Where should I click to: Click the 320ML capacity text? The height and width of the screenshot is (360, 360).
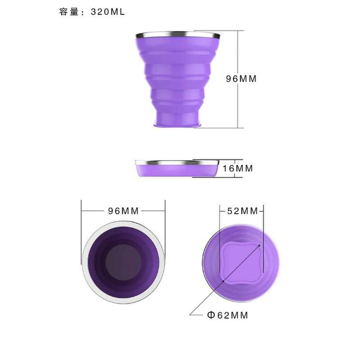click(x=107, y=12)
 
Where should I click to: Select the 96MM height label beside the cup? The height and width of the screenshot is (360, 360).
click(x=241, y=79)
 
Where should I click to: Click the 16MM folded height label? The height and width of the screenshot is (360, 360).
click(x=238, y=168)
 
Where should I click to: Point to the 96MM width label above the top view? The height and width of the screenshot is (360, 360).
click(x=123, y=211)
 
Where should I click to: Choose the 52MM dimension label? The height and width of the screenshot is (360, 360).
click(x=242, y=211)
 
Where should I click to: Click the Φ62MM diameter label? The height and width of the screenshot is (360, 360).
click(x=228, y=315)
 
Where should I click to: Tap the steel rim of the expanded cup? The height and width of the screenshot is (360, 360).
click(x=178, y=35)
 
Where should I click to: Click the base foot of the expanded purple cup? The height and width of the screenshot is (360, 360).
click(x=178, y=125)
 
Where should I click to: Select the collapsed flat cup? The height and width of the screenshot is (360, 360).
click(x=177, y=169)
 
